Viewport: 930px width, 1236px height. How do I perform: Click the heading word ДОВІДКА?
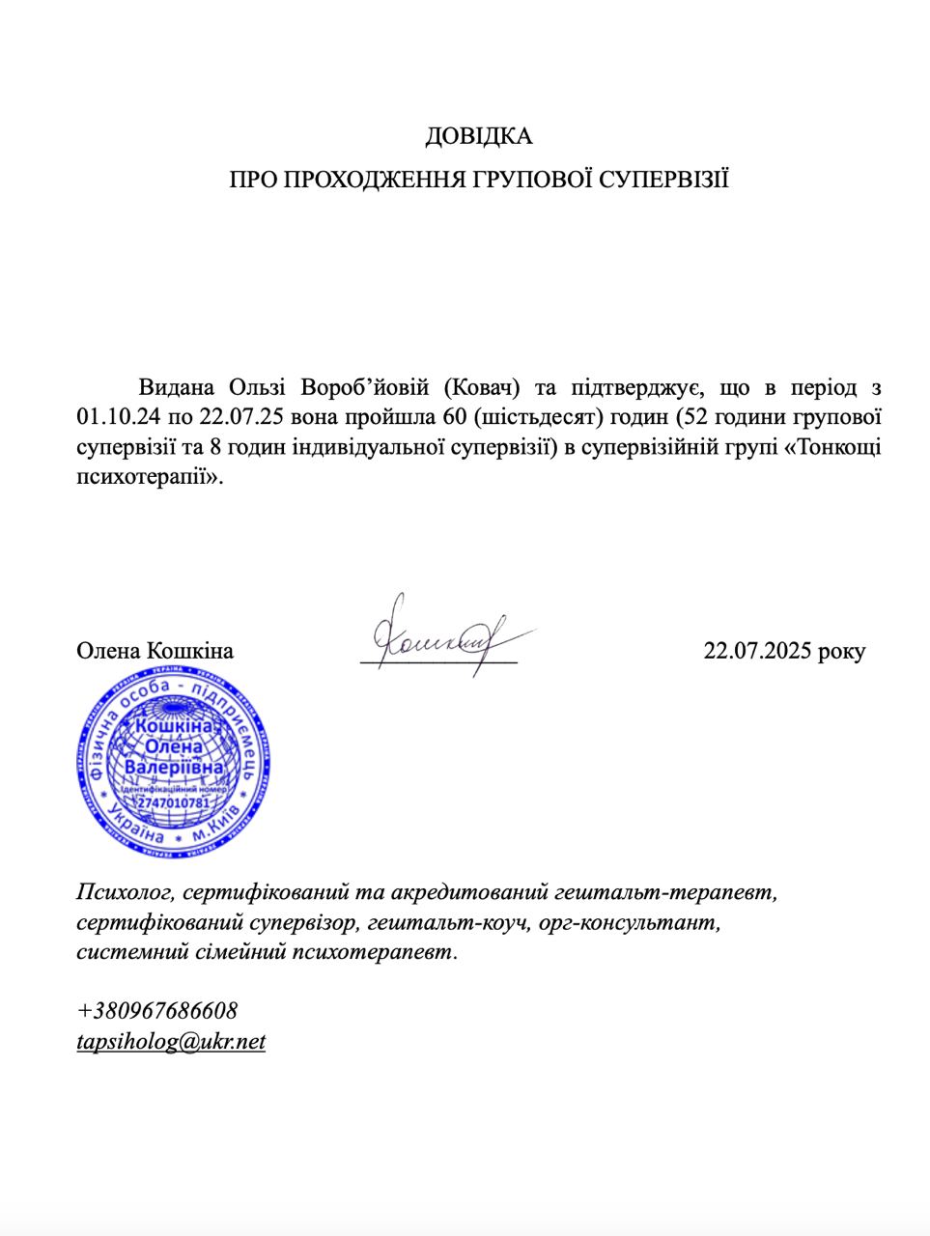478,136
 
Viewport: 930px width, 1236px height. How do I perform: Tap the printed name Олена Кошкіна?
155,650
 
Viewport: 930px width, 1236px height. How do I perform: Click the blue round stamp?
175,763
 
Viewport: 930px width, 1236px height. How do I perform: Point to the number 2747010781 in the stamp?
174,803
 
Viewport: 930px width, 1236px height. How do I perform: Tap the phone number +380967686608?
156,1011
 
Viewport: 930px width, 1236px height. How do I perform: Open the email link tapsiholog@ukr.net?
171,1042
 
